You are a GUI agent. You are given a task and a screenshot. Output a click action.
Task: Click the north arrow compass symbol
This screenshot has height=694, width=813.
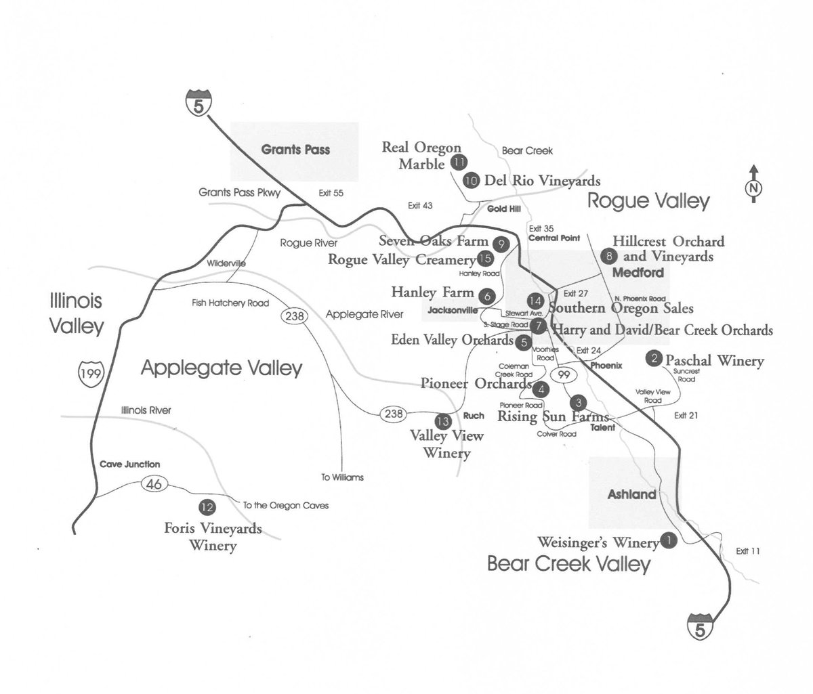click(753, 184)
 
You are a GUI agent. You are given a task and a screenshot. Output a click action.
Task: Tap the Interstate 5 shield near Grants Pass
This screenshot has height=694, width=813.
click(199, 104)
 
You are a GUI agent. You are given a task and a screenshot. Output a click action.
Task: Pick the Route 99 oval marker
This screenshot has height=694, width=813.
click(561, 374)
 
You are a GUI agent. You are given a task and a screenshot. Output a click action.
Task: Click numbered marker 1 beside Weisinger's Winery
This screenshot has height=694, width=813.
click(669, 540)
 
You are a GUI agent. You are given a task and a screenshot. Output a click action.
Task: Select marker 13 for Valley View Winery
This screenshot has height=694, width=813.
click(442, 420)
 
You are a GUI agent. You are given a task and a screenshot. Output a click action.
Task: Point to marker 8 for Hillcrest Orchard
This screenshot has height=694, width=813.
click(610, 255)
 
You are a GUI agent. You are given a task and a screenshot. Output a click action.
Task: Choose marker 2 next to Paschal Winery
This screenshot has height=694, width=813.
click(654, 359)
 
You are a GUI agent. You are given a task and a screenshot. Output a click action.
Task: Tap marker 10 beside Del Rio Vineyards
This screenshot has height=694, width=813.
click(471, 180)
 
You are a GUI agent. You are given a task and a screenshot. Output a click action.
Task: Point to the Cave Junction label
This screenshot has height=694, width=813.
click(129, 464)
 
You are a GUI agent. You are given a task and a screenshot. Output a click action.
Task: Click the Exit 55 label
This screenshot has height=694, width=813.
click(331, 194)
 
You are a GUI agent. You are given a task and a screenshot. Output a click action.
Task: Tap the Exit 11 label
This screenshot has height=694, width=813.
click(747, 551)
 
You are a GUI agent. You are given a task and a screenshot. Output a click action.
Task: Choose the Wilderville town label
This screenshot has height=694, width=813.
click(227, 263)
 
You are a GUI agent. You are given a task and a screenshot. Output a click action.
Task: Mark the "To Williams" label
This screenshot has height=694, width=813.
click(342, 477)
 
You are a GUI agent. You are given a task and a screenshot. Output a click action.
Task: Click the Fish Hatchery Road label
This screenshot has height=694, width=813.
click(230, 303)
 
